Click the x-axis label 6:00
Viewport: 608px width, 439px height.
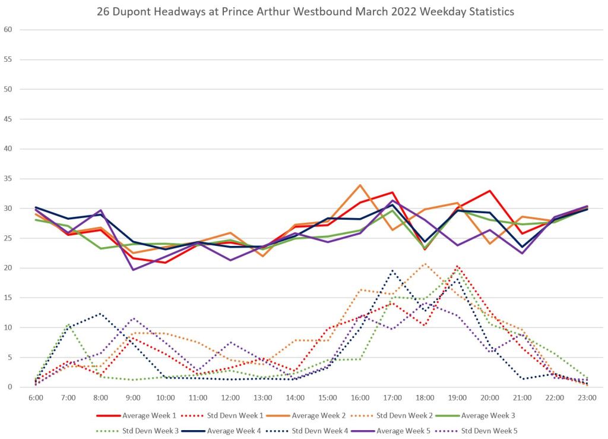click(x=36, y=397)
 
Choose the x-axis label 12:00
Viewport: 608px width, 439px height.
click(x=230, y=397)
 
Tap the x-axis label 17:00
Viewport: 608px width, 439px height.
click(x=392, y=397)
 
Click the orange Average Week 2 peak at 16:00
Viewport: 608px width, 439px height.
click(x=360, y=185)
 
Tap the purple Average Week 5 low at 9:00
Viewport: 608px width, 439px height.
click(x=132, y=270)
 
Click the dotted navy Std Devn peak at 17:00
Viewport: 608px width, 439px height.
click(x=392, y=271)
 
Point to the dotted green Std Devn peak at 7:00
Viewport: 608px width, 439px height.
click(x=68, y=324)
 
